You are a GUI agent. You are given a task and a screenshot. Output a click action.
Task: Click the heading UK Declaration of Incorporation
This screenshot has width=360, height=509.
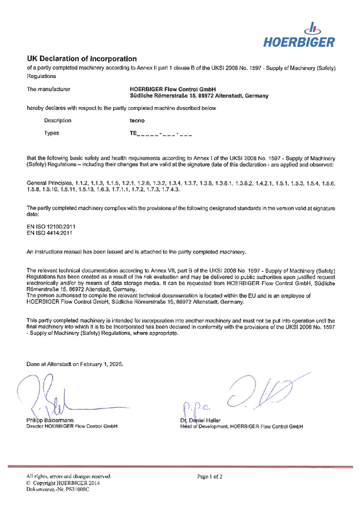coord(82,59)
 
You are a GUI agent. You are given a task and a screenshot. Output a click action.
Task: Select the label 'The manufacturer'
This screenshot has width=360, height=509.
coord(49,89)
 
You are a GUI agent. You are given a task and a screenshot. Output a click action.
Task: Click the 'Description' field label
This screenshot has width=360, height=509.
coord(58,120)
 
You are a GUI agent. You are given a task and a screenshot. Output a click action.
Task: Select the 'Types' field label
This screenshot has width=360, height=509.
coord(52,133)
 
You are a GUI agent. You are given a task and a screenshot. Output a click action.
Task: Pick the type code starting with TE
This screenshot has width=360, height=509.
coord(160,134)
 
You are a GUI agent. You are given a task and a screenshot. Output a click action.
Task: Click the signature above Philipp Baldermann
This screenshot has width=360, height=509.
coord(52,396)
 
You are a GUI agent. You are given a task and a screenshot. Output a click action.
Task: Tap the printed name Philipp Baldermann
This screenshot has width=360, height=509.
coord(52,420)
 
